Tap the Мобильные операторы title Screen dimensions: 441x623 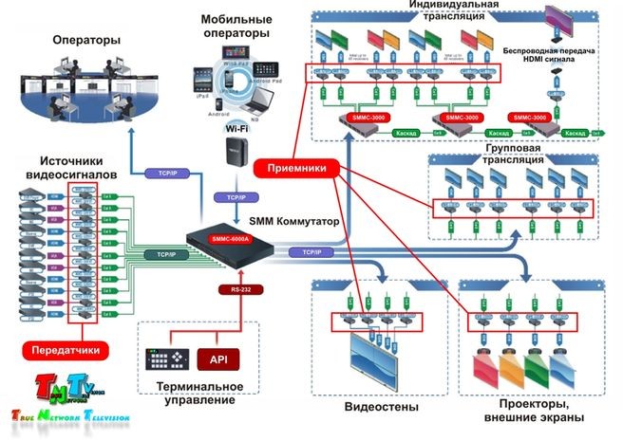click(x=238, y=27)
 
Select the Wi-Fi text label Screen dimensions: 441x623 click(x=236, y=127)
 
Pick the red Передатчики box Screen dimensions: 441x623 click(x=67, y=350)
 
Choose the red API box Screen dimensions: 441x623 click(x=217, y=358)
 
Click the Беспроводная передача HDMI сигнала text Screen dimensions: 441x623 click(x=561, y=50)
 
